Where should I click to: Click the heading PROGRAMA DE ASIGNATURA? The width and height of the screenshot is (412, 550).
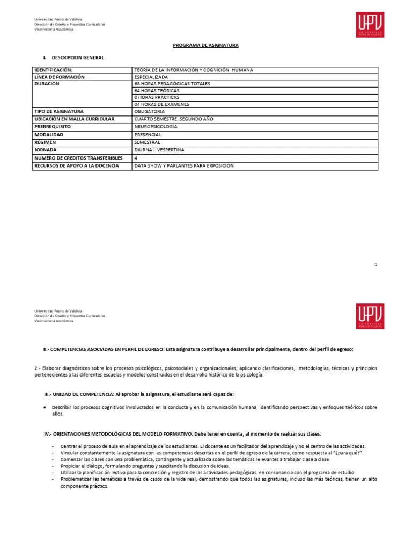tap(205, 46)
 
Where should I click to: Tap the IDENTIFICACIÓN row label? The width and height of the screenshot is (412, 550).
tap(53, 70)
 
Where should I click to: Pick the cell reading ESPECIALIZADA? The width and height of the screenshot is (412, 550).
tap(155, 77)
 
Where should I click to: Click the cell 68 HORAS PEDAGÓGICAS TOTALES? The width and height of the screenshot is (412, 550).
tap(172, 84)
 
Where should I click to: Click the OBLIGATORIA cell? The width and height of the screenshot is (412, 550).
tap(153, 111)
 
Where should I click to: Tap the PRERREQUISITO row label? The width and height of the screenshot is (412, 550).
tap(54, 126)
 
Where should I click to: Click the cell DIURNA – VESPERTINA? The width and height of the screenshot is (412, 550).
tap(161, 150)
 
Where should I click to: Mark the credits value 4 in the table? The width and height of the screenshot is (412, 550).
tap(136, 158)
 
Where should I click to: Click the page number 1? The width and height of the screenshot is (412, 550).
tap(376, 265)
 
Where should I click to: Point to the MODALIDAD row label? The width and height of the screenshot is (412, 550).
tap(49, 134)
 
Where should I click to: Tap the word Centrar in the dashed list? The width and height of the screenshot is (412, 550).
tap(69, 446)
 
